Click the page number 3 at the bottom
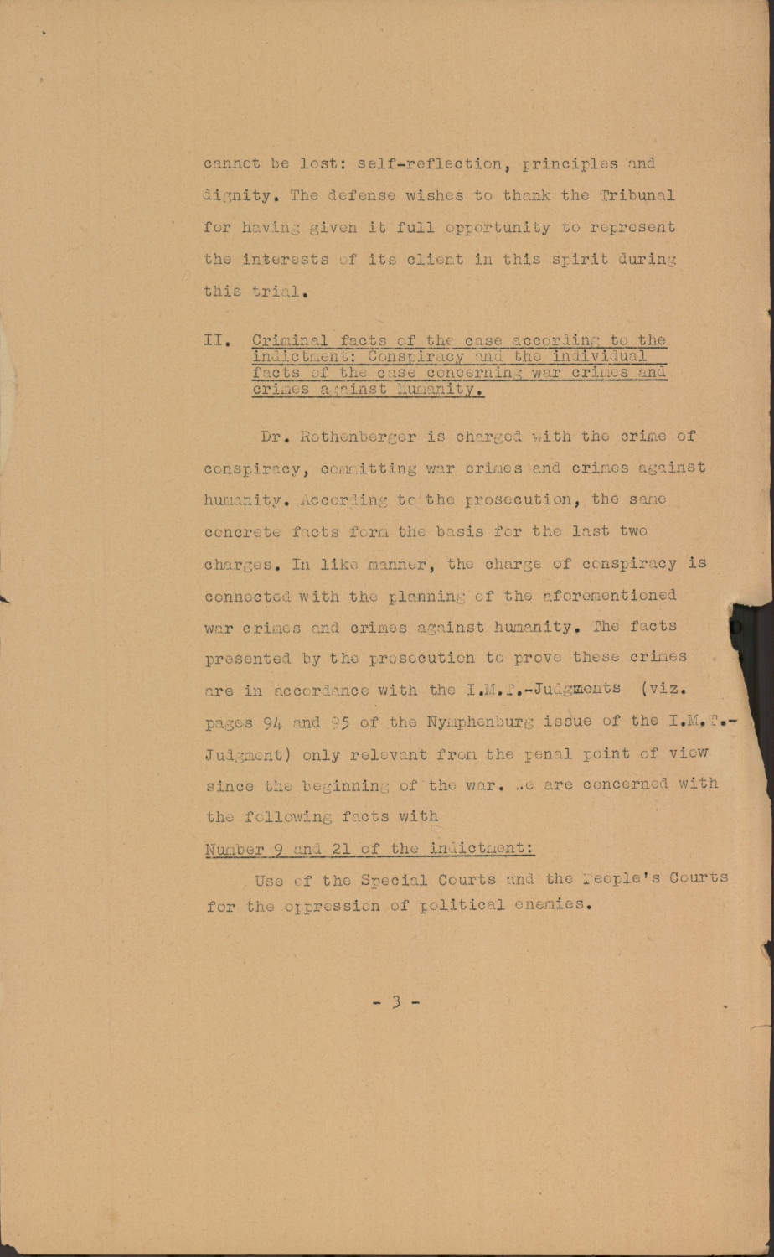(395, 1001)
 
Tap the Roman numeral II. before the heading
(216, 341)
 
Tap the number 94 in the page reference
(273, 722)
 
